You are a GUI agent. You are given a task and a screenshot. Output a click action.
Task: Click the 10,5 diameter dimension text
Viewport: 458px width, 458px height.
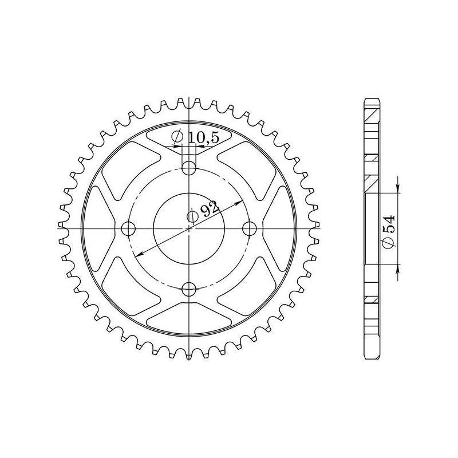click(204, 138)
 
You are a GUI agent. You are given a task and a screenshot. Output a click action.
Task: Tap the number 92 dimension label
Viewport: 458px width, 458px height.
click(209, 208)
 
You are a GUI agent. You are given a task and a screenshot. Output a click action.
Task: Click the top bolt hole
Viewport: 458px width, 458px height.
click(189, 168)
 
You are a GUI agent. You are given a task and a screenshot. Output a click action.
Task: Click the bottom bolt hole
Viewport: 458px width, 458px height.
click(189, 289)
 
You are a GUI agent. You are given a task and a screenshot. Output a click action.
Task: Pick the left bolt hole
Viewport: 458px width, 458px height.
click(128, 228)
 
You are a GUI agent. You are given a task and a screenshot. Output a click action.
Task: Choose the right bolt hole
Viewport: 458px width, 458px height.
click(250, 228)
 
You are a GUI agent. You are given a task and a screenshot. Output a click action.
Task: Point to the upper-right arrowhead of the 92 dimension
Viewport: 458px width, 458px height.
click(239, 202)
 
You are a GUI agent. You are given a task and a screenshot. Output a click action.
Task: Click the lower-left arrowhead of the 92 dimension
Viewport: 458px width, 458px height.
click(139, 255)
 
